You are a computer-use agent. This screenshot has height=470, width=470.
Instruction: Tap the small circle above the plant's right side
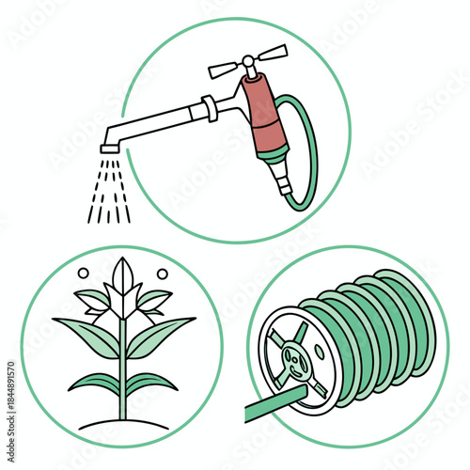tap(163, 274)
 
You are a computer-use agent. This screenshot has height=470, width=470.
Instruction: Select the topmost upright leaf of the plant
tap(123, 276)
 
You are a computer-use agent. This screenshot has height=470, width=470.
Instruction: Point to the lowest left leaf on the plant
tap(96, 383)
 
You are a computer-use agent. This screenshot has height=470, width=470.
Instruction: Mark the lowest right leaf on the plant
tap(150, 383)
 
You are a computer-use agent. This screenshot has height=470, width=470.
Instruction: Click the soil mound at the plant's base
tap(123, 426)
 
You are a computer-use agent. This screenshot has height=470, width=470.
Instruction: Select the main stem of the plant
tap(123, 376)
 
